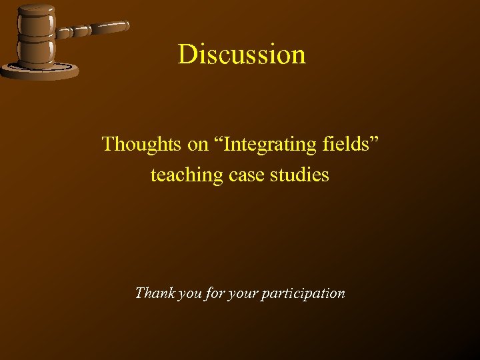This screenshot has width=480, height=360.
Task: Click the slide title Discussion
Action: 241,54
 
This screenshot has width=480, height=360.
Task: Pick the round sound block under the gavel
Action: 40,71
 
